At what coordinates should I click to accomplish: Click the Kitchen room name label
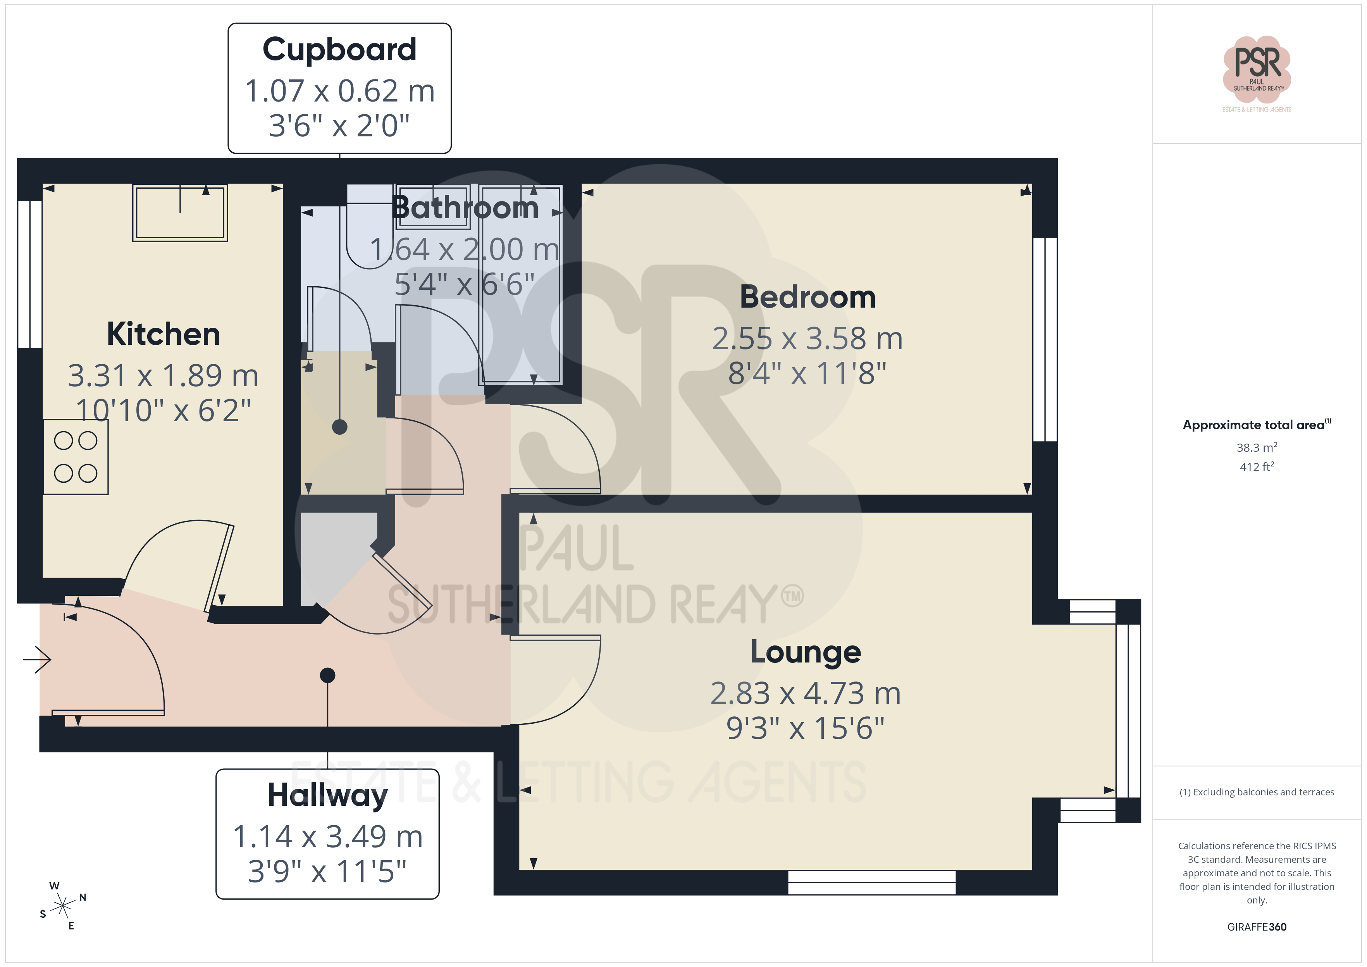coord(163,334)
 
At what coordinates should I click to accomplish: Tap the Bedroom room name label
coord(807,297)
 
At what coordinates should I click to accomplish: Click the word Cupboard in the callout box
coord(339,50)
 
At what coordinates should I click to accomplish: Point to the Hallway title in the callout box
coord(327,795)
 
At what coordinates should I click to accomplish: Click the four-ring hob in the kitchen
coord(76,457)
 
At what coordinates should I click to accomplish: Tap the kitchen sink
coord(180,213)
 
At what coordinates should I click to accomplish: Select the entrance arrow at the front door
coord(37,659)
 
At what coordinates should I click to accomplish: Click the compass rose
coord(62,906)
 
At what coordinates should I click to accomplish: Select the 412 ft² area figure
coord(1257,467)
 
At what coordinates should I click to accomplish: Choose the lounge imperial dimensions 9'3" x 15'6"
coord(806,728)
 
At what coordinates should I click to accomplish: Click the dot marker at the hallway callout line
coord(327,675)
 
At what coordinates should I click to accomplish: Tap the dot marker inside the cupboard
coord(339,427)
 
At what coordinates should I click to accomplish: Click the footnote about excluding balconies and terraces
coord(1257,792)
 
